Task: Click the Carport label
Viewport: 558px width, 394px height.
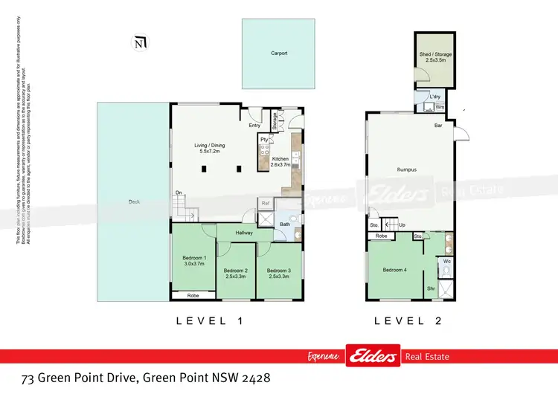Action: click(278, 54)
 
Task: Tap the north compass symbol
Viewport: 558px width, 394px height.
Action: click(138, 42)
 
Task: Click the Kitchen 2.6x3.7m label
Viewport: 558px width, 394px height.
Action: click(280, 163)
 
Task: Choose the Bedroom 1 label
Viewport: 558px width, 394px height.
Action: click(193, 262)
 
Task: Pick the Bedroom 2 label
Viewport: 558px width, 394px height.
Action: click(235, 273)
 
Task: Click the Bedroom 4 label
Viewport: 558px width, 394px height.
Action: click(394, 269)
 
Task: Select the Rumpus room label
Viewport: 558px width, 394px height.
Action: click(405, 169)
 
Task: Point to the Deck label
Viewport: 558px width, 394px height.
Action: click(134, 201)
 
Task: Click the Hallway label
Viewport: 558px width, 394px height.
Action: click(245, 233)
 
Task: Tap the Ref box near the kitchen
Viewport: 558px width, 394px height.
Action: click(265, 202)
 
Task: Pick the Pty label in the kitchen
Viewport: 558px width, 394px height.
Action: click(263, 139)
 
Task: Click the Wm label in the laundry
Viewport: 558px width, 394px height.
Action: click(440, 107)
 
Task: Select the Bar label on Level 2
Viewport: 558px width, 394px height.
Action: click(439, 126)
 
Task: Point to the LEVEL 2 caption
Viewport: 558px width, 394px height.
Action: click(408, 321)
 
